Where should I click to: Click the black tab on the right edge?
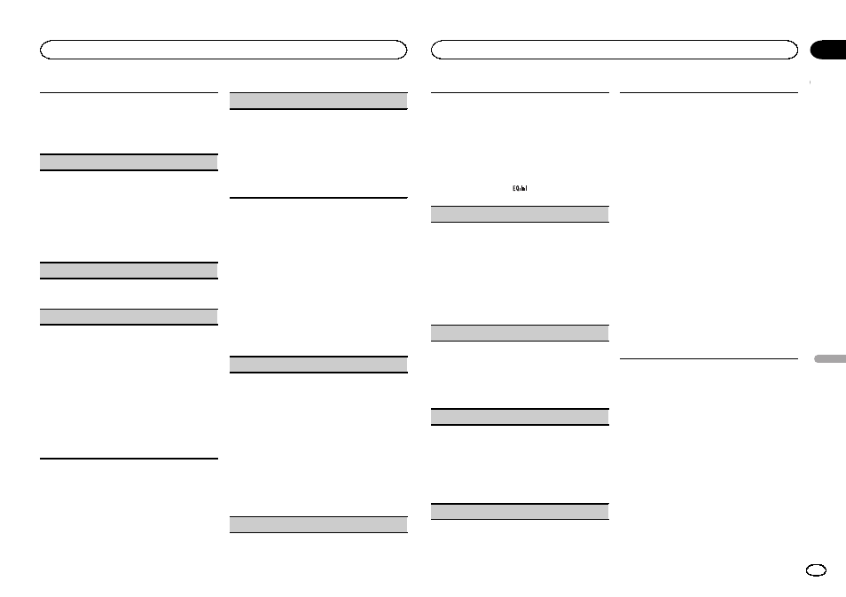(828, 51)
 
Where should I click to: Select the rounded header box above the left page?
(223, 50)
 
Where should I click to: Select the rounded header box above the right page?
(615, 50)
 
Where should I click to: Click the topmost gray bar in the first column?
(129, 162)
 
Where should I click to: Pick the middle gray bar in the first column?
(129, 271)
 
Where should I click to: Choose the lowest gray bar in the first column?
(129, 317)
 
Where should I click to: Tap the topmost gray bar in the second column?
(318, 101)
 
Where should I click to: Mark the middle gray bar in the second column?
(318, 364)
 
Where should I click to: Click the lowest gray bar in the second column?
(318, 524)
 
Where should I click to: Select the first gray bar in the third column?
(521, 214)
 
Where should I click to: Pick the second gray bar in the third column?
(521, 333)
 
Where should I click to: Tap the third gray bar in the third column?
(521, 416)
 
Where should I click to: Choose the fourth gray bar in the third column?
(521, 511)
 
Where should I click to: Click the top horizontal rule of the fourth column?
(709, 92)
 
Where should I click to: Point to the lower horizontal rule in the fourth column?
(709, 358)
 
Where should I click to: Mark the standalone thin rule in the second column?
(318, 197)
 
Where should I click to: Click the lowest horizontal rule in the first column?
(129, 458)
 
